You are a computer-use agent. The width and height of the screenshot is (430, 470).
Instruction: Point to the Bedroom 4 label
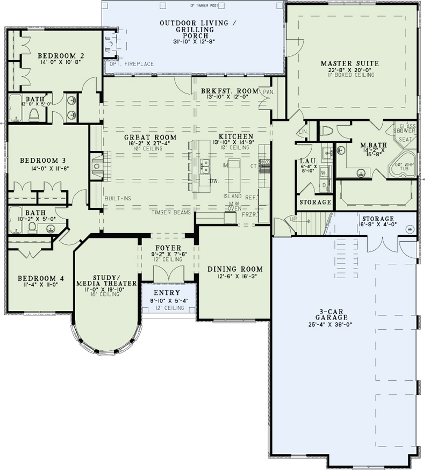coord(41,278)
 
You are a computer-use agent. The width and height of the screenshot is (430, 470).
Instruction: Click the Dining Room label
coord(235,269)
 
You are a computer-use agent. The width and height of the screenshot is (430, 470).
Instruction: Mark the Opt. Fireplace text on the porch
coord(131,64)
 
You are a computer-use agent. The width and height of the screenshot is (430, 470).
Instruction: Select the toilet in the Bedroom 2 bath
coord(34,114)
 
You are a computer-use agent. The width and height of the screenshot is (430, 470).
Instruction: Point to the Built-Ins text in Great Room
coord(118,198)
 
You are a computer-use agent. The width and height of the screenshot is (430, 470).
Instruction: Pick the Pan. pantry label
coord(268,92)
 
